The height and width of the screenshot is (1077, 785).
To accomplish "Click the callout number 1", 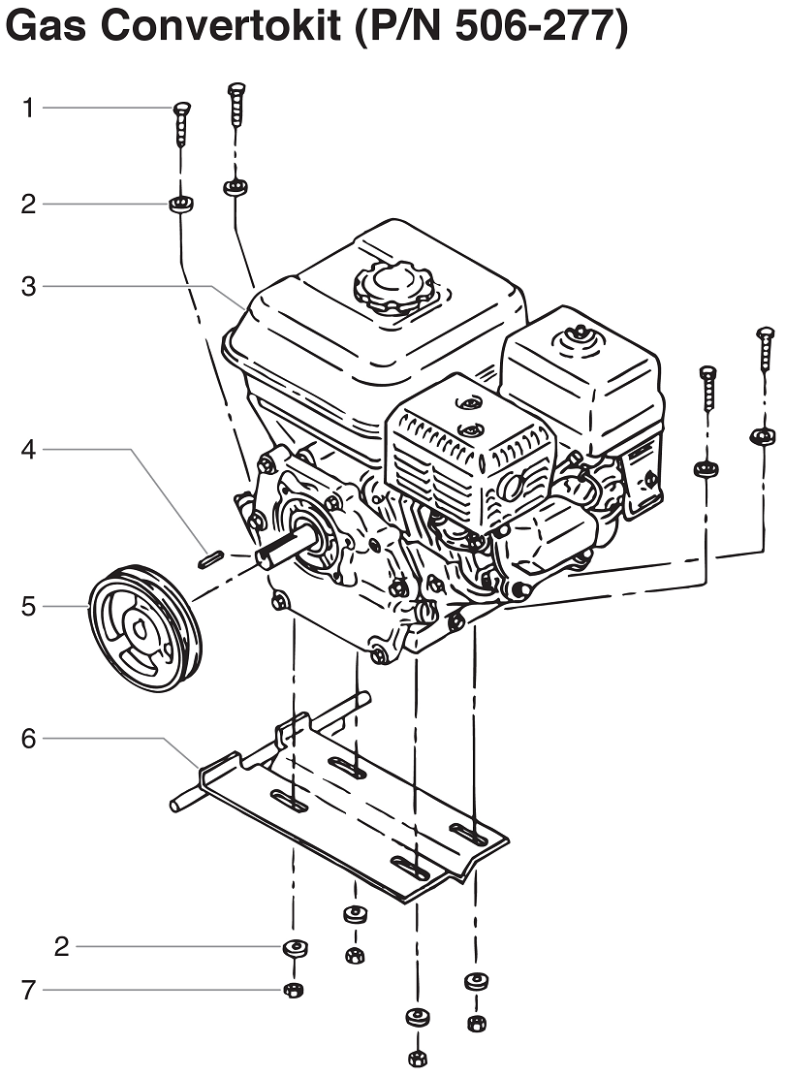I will [29, 108].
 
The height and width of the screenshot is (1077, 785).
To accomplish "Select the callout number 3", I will [29, 286].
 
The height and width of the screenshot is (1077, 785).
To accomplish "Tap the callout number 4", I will [29, 450].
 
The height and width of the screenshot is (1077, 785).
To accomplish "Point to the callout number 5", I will [29, 607].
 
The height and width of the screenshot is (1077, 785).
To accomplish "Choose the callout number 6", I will [29, 739].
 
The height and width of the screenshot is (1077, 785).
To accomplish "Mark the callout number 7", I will [29, 990].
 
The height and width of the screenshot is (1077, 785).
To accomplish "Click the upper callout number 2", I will [29, 205].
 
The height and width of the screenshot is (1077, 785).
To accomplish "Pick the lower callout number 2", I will [62, 946].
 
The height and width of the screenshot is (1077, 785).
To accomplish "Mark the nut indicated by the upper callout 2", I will [179, 205].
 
